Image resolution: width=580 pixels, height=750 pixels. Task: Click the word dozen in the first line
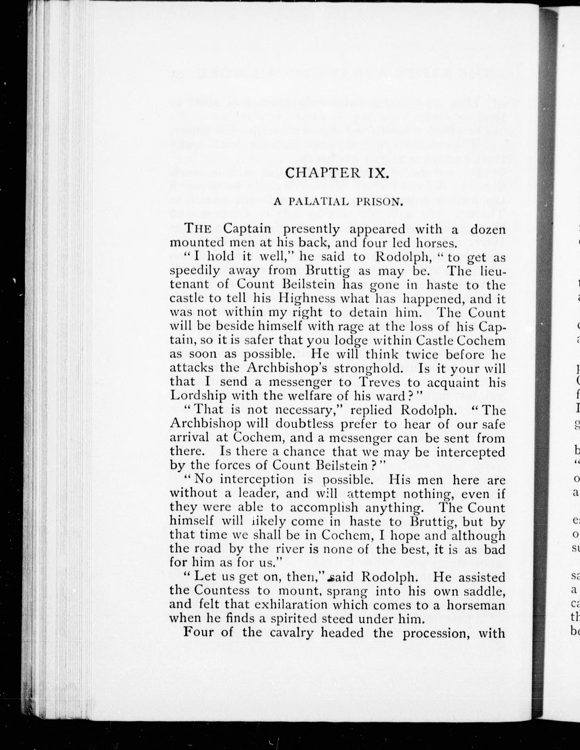488,229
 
